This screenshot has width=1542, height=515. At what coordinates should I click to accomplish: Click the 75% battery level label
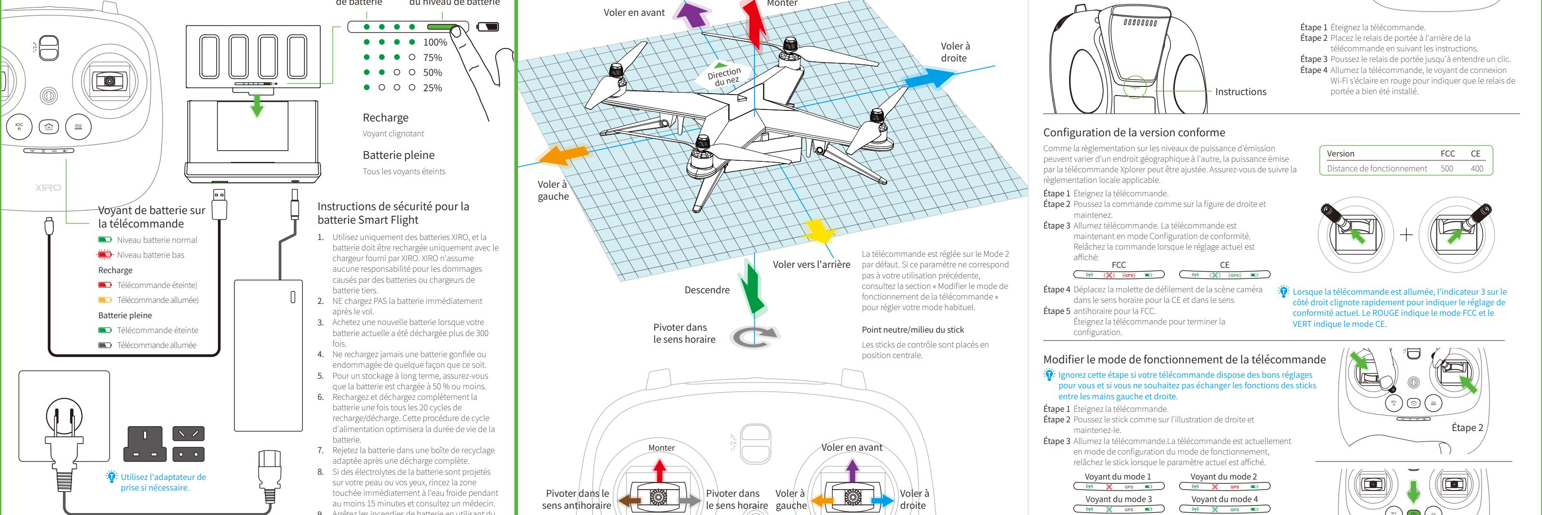point(432,58)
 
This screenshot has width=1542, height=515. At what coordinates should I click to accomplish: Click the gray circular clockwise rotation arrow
point(754,337)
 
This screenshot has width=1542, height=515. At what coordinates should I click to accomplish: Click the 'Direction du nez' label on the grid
point(724,75)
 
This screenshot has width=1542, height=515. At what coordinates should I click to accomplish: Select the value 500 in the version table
point(1446,168)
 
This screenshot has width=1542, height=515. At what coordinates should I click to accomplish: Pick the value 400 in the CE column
point(1477,168)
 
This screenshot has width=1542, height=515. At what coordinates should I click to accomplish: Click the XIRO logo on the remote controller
point(48,188)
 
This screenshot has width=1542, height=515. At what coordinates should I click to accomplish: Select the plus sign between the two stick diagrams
point(1406,235)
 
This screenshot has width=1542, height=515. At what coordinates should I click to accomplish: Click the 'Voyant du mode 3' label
point(1118,499)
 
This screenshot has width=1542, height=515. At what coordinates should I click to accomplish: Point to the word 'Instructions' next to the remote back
point(1241,92)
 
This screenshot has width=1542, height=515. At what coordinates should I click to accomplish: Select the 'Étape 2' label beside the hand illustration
point(1467,428)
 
